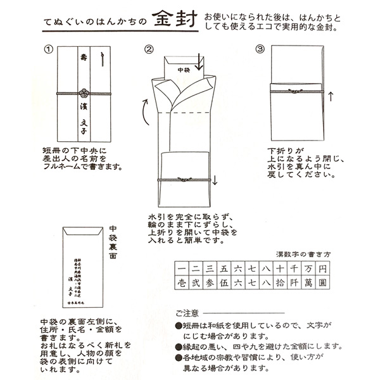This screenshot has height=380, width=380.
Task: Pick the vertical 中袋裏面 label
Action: click(112, 242)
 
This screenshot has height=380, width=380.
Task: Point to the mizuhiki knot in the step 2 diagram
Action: click(184, 180)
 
